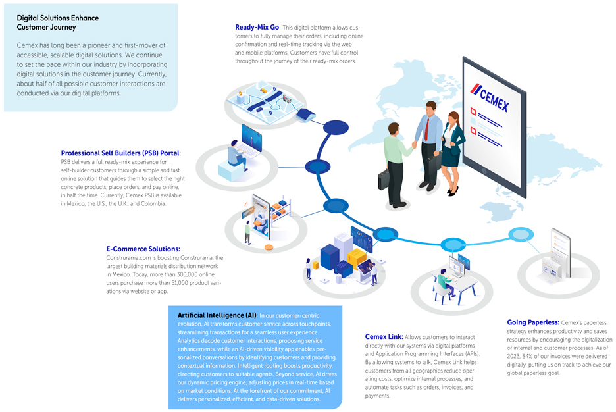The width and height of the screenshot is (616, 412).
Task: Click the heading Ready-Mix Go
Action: click(257, 28)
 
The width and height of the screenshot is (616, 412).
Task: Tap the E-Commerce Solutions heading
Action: click(143, 249)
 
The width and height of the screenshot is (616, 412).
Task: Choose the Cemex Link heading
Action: click(383, 337)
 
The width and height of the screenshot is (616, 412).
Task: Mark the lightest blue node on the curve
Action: click(521, 234)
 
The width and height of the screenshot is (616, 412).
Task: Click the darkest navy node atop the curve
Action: click(336, 127)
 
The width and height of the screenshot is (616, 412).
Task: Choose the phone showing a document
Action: click(559, 253)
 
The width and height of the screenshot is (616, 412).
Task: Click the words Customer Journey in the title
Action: click(46, 28)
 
